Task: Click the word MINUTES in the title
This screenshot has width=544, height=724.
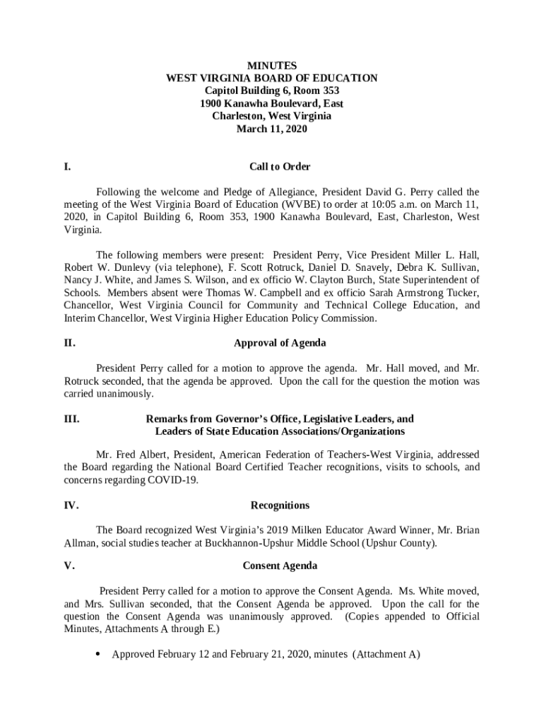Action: [x=272, y=66]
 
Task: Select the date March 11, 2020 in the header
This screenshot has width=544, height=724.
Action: [x=272, y=129]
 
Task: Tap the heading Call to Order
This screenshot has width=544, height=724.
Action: [x=280, y=167]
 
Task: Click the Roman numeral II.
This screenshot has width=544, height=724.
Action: [x=69, y=343]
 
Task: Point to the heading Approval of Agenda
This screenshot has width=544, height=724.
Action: [x=280, y=343]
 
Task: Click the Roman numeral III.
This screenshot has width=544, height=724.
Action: [x=71, y=419]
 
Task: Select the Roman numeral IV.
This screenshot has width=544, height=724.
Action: [x=71, y=506]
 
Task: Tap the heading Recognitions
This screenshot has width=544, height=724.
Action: [x=280, y=506]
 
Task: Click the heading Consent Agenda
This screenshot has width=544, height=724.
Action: [x=280, y=566]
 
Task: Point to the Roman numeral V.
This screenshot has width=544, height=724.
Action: [x=69, y=566]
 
